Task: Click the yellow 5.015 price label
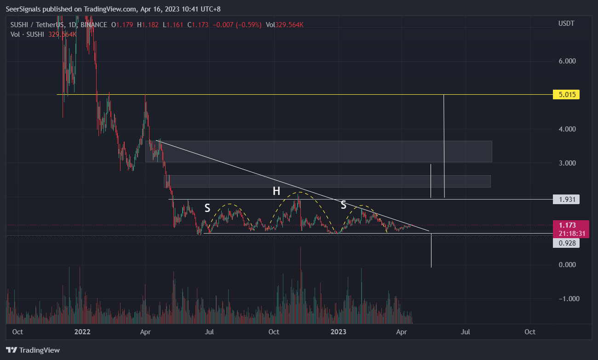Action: coord(566,95)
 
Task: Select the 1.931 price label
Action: coord(566,199)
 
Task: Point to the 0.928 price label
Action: coord(566,243)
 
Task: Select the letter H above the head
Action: coord(276,191)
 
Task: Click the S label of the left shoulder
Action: coord(207,208)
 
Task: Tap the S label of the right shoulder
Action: coord(343,205)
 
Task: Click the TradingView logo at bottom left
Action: coord(33,350)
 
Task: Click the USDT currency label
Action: coord(566,23)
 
